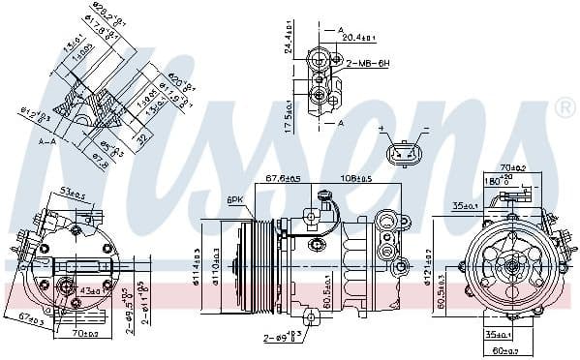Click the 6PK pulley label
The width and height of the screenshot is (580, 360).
(x=234, y=200)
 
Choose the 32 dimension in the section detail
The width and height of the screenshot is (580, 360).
(x=141, y=138)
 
